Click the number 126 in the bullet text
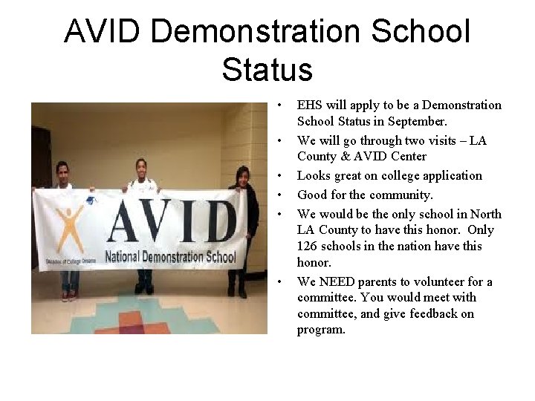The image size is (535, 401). point(307,246)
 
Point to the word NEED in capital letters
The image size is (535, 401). point(333,281)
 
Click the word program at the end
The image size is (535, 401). point(320,329)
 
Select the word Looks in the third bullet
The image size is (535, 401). point(313,175)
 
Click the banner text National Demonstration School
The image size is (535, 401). point(171,258)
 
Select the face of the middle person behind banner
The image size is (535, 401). point(140,167)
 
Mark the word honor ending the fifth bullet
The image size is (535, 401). point(311,262)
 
